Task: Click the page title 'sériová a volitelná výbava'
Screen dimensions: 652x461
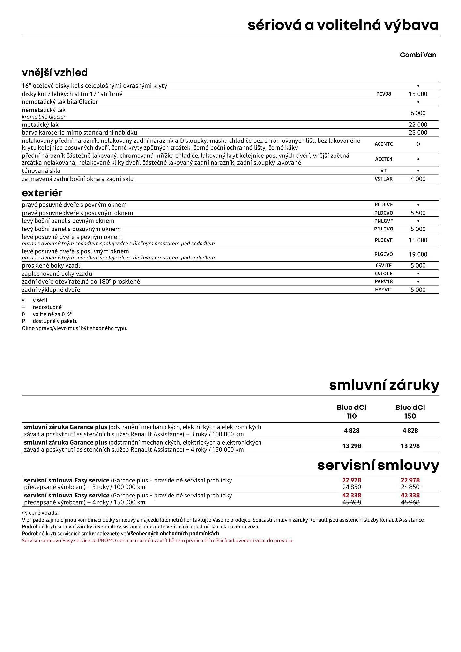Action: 343,25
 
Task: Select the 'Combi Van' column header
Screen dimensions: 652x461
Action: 418,55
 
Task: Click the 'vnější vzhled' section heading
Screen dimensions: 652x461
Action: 55,72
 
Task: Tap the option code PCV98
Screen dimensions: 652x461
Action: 383,94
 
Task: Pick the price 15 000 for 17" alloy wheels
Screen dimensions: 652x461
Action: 418,94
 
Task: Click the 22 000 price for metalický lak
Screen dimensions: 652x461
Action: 418,125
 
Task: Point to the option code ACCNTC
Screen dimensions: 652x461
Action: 383,144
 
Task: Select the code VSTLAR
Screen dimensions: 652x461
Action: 383,179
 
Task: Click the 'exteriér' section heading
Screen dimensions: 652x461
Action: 42,193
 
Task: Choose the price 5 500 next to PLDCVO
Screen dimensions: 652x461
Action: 418,213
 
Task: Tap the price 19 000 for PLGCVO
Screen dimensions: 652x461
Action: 418,254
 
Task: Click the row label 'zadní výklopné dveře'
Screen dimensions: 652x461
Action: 51,290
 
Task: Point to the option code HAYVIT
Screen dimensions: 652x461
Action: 383,290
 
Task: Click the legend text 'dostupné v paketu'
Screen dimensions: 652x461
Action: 55,321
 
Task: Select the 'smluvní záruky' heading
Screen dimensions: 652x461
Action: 384,385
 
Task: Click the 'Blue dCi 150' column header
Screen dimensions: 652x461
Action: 410,411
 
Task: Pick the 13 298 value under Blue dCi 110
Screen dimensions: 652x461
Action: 351,446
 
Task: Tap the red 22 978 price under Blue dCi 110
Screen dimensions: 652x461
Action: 351,480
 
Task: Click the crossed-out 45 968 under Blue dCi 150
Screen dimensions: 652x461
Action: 410,502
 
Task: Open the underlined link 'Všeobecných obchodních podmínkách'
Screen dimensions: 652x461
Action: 173,534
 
